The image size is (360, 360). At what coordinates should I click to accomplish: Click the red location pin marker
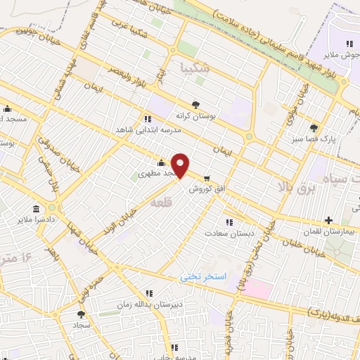point(181,166)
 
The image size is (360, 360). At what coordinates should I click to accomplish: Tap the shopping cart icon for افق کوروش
point(207,178)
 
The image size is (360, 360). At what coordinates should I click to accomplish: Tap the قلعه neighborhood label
point(160,202)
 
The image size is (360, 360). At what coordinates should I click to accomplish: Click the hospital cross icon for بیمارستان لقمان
point(329,220)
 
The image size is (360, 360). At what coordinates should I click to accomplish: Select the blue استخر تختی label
point(204,277)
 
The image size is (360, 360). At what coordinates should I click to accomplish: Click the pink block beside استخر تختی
point(257,288)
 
